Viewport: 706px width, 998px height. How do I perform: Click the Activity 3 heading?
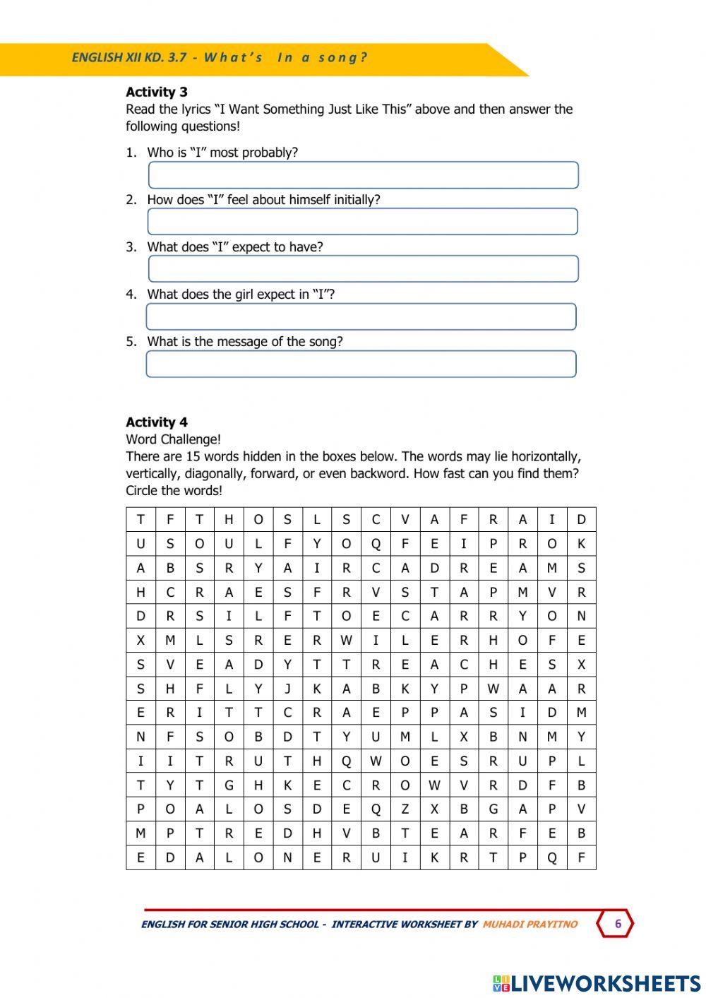point(157,92)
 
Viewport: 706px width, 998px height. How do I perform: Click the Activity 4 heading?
point(157,422)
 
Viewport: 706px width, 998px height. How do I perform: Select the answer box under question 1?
point(363,175)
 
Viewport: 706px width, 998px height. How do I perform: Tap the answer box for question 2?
point(362,222)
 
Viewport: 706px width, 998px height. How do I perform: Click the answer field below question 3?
point(363,269)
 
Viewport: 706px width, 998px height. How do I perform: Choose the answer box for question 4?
point(361,316)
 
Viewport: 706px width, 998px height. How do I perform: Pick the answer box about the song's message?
point(361,364)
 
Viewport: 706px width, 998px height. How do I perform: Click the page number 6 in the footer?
point(618,924)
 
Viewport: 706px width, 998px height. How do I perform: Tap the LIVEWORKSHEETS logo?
point(597,983)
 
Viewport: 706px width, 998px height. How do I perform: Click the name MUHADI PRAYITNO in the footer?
point(529,925)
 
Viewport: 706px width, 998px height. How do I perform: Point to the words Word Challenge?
point(173,439)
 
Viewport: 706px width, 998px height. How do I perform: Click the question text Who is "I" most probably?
point(222,153)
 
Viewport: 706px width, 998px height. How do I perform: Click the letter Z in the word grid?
point(405,809)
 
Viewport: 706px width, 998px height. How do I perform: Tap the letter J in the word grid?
point(287,689)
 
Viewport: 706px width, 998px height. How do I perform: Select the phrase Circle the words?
point(174,491)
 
